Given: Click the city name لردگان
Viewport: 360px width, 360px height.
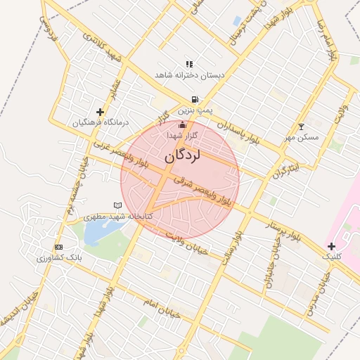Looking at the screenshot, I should coord(182,155).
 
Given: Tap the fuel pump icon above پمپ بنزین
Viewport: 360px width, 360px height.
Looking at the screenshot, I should coord(193,100).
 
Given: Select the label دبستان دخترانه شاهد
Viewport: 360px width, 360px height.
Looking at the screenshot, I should coord(189,75).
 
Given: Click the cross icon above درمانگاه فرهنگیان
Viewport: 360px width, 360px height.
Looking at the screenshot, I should coord(101,111).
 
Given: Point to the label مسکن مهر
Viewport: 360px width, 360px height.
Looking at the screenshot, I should coord(302,137).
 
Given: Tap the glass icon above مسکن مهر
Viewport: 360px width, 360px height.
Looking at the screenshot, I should coord(302,127).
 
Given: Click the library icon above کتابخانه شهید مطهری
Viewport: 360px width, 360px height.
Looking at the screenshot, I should coord(117,205).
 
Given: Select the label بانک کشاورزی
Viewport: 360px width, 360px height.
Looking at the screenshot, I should coord(60,258).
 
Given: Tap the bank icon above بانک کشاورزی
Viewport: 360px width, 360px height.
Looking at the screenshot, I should coord(58,247).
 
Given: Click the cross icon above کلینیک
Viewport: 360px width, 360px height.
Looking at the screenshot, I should coord(332,246).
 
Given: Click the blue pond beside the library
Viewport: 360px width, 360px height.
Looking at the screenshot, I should coord(96,231).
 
